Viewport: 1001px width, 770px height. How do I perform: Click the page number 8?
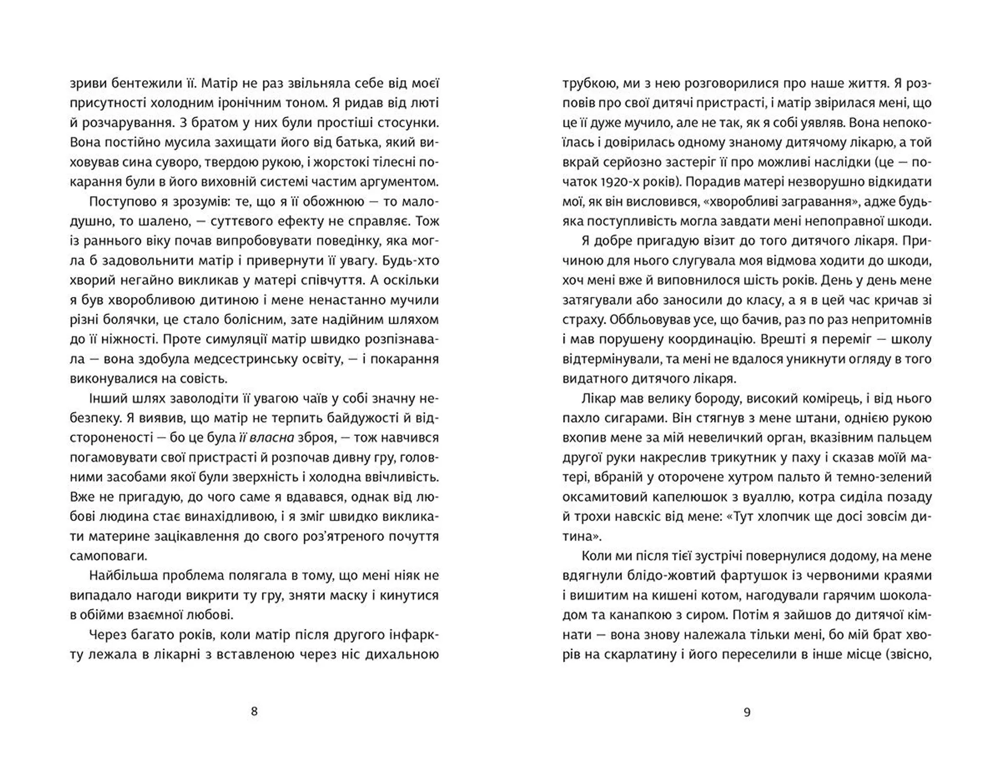click(x=254, y=712)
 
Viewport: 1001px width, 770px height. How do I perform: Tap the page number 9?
click(x=747, y=712)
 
